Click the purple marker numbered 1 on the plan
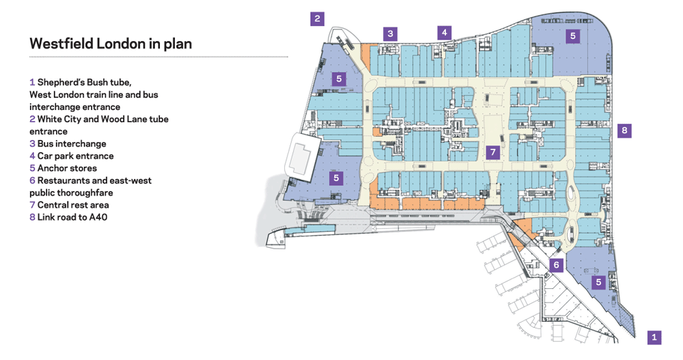pyautogui.click(x=654, y=337)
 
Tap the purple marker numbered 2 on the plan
pyautogui.click(x=317, y=18)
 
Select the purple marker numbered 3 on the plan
pyautogui.click(x=390, y=33)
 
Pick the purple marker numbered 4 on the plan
pyautogui.click(x=445, y=32)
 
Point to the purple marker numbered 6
pyautogui.click(x=556, y=265)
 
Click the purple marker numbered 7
pyautogui.click(x=493, y=152)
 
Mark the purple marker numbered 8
pyautogui.click(x=624, y=130)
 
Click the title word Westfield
pyautogui.click(x=61, y=44)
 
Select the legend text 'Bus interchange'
pyautogui.click(x=72, y=144)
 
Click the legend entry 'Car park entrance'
pyautogui.click(x=75, y=156)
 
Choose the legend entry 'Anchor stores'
pyautogui.click(x=67, y=168)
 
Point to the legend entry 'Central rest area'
pyautogui.click(x=73, y=205)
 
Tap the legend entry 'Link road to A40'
pyautogui.click(x=72, y=217)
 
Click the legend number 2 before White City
pyautogui.click(x=32, y=120)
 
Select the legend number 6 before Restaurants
pyautogui.click(x=32, y=180)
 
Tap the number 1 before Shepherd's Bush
pyautogui.click(x=32, y=83)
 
